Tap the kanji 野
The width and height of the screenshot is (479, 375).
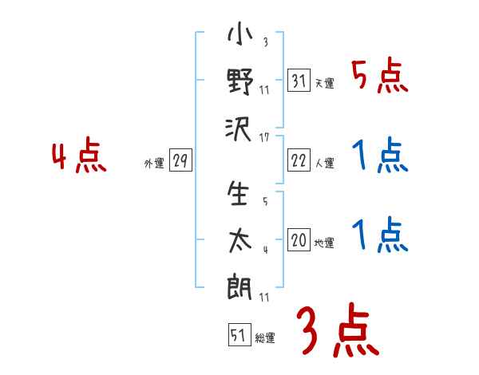pyautogui.click(x=239, y=82)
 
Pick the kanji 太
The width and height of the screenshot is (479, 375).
pyautogui.click(x=239, y=240)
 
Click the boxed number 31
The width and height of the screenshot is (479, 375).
pyautogui.click(x=299, y=81)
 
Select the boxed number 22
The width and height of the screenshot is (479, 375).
pyautogui.click(x=299, y=161)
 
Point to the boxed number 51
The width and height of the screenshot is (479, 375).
pyautogui.click(x=238, y=334)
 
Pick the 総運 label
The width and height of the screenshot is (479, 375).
pyautogui.click(x=264, y=337)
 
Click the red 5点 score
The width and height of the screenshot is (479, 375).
pyautogui.click(x=380, y=77)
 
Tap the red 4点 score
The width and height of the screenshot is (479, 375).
pyautogui.click(x=79, y=157)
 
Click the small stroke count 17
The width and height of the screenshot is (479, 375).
pyautogui.click(x=264, y=138)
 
